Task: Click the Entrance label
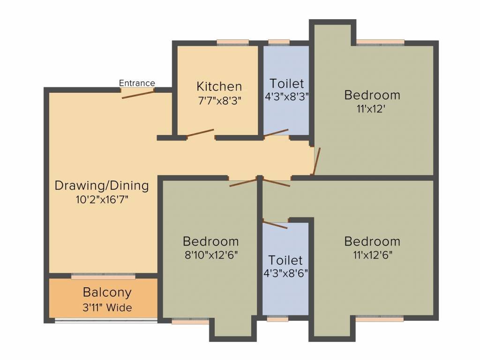pyautogui.click(x=137, y=83)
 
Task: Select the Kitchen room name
pyautogui.click(x=219, y=86)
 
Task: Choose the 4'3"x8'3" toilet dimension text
pyautogui.click(x=286, y=97)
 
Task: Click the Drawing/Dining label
pyautogui.click(x=102, y=186)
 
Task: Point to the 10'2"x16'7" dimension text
pyautogui.click(x=102, y=199)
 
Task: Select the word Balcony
pyautogui.click(x=107, y=292)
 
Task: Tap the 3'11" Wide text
pyautogui.click(x=107, y=308)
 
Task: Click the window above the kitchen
pyautogui.click(x=232, y=43)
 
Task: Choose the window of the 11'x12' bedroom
pyautogui.click(x=380, y=43)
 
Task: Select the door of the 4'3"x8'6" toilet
pyautogui.click(x=275, y=224)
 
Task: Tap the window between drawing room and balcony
pyautogui.click(x=103, y=276)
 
